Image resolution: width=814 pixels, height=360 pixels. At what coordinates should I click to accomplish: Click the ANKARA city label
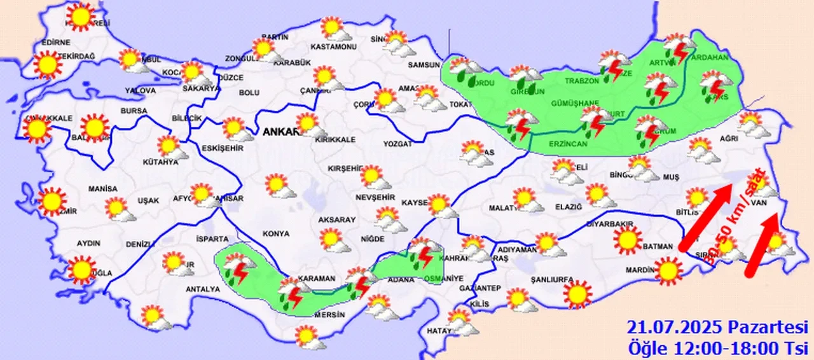tap(278, 132)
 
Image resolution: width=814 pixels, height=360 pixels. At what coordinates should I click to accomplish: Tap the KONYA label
tap(275, 234)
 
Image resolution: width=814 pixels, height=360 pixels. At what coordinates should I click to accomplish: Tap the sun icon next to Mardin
tap(668, 270)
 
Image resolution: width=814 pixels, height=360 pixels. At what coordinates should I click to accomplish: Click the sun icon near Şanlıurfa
tap(577, 294)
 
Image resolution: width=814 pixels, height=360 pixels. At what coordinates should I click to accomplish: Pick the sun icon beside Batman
tap(628, 239)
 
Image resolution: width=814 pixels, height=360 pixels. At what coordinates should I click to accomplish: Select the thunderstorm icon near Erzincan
tap(520, 125)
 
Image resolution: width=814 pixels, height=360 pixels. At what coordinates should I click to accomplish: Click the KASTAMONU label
tap(333, 47)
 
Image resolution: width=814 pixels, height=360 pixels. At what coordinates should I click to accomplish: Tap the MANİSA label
tap(103, 189)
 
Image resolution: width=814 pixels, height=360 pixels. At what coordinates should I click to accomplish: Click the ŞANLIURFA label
tap(553, 279)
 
